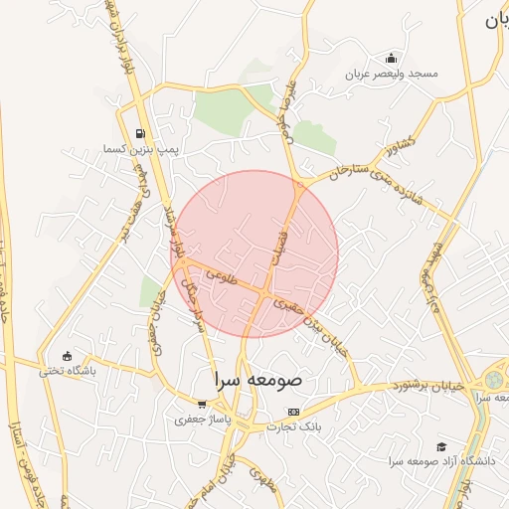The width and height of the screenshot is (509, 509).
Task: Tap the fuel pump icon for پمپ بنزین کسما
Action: [139, 133]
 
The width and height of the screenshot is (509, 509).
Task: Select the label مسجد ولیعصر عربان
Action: [391, 74]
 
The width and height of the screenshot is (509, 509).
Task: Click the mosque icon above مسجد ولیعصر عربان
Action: [391, 57]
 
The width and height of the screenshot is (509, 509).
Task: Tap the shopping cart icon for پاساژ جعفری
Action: [203, 405]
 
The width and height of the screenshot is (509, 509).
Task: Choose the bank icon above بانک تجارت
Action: [292, 411]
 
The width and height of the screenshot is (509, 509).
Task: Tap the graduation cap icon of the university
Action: [441, 446]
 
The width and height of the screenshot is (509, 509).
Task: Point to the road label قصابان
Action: [281, 242]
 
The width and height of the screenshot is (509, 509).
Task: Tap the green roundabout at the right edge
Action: [494, 380]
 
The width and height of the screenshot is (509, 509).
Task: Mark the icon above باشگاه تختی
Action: [67, 356]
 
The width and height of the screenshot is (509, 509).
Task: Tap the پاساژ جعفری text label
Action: [203, 420]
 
